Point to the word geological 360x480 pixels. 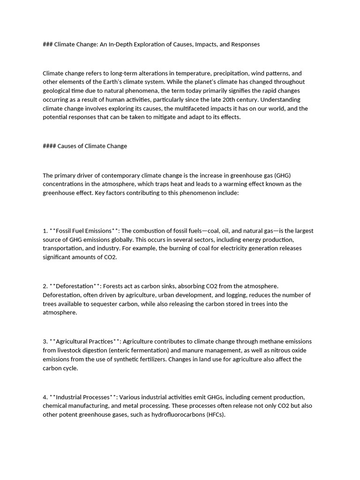(x=58, y=90)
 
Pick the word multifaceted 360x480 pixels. (x=174, y=108)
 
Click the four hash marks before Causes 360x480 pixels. (x=49, y=146)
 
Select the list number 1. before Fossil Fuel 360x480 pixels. (x=45, y=230)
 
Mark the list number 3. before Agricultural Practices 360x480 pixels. (x=45, y=341)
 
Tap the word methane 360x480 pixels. (x=236, y=341)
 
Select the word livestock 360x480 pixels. (x=71, y=350)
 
